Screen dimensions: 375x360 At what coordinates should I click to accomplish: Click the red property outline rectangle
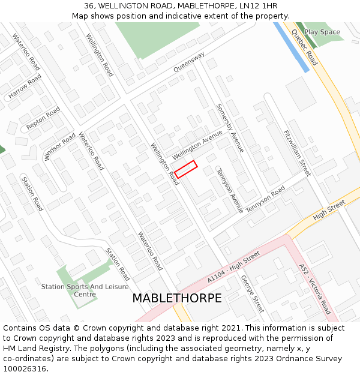186,169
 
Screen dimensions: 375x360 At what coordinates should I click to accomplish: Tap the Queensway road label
189,62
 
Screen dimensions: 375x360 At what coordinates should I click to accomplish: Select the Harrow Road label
25,87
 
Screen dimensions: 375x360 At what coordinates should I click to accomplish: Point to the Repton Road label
43,119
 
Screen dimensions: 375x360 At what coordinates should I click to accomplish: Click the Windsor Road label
60,147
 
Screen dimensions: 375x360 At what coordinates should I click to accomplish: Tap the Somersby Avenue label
230,128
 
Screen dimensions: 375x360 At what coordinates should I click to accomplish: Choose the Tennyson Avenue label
230,190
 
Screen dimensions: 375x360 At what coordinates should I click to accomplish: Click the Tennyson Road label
266,200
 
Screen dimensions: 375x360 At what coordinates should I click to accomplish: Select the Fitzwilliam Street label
297,153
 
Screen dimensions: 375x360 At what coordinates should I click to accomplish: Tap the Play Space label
322,32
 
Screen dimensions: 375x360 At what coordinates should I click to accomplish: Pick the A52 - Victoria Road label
315,289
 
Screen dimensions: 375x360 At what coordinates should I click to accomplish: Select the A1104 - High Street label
233,267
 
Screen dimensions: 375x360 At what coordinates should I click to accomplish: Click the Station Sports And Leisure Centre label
77,290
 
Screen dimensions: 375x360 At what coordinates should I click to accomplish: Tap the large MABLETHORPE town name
177,298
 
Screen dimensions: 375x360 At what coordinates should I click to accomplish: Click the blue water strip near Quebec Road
292,47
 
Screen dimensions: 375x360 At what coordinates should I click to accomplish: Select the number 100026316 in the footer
24,368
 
